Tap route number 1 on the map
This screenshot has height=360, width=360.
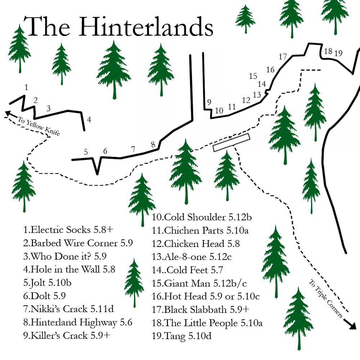coord(26,87)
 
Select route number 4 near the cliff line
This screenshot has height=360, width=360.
coord(89,120)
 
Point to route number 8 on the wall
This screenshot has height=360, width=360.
coord(153,145)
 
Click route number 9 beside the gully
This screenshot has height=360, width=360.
coord(209,102)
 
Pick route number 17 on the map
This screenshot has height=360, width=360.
coord(283,57)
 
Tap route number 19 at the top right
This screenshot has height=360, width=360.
coord(338,54)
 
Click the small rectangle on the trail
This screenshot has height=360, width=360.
coord(231,142)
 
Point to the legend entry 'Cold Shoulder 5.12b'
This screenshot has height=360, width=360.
coord(202,217)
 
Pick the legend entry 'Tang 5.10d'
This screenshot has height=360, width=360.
coord(182,336)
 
